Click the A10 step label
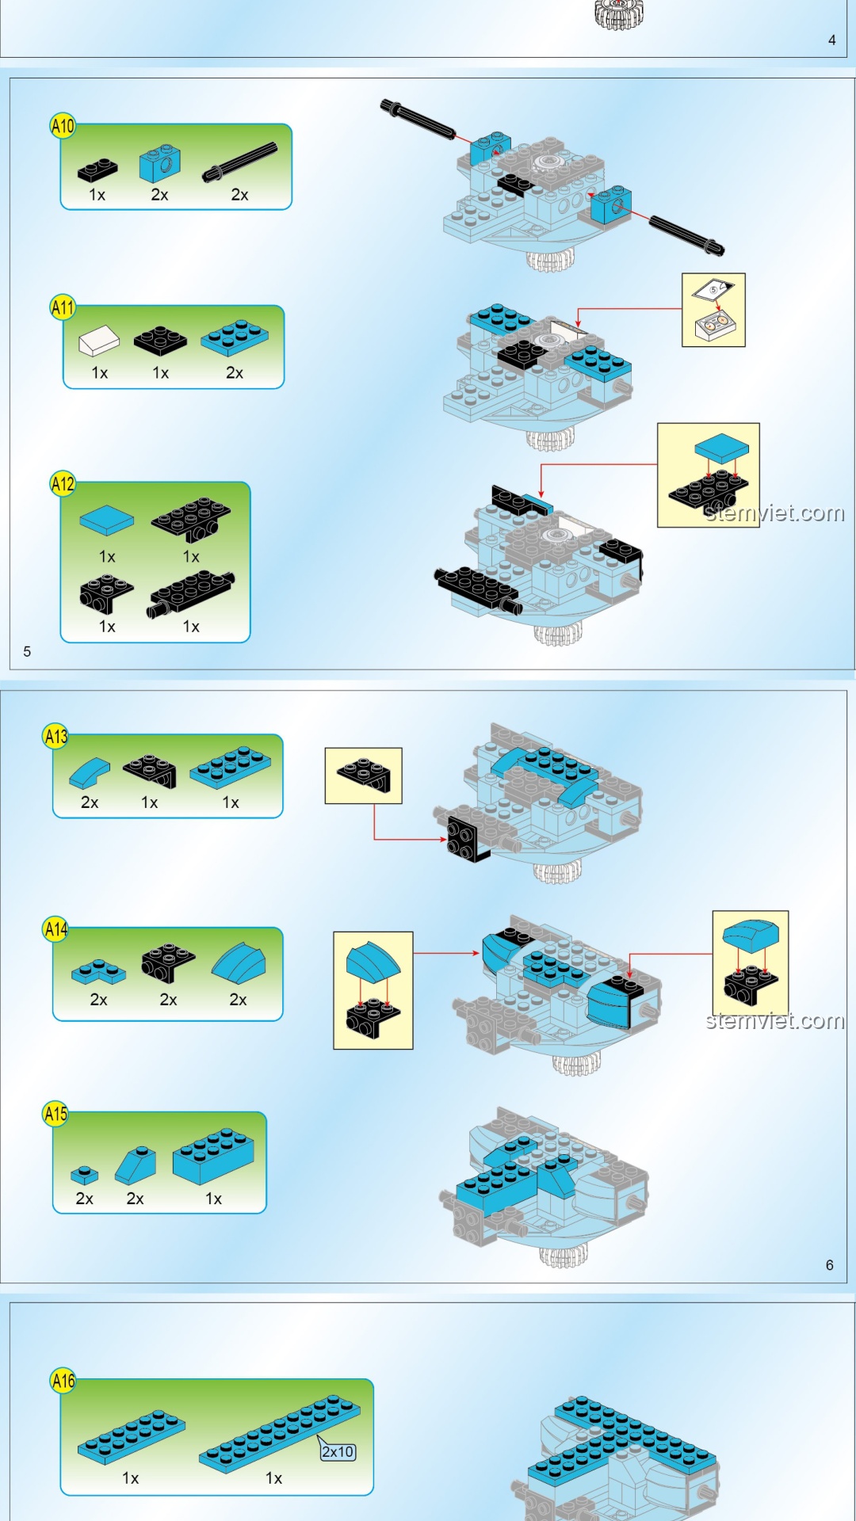(63, 125)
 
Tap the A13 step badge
(55, 737)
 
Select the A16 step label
(63, 1382)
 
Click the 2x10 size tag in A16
(338, 1452)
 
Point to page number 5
(27, 651)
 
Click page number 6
(829, 1265)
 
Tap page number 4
(831, 40)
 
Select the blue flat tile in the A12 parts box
(107, 520)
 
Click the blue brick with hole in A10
(159, 163)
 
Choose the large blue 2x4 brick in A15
(213, 1156)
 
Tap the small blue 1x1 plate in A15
(84, 1175)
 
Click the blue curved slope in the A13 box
(90, 772)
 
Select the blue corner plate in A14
(98, 971)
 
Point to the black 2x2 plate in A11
(160, 341)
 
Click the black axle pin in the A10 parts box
(240, 162)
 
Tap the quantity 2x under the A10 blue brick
(159, 195)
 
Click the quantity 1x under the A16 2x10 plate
(273, 1478)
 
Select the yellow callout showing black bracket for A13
(363, 776)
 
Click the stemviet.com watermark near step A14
(774, 1020)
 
